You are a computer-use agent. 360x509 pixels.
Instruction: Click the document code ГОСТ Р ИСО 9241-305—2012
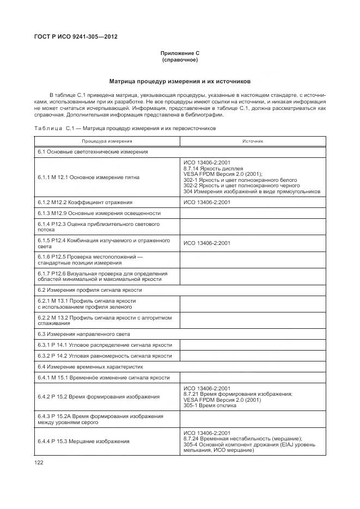[76, 37]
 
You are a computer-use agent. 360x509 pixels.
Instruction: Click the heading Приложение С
[180, 53]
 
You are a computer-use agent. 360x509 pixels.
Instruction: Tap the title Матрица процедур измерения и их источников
[180, 81]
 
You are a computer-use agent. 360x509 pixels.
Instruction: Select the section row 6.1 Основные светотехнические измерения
[93, 152]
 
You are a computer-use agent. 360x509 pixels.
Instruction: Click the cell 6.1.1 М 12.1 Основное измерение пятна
[88, 177]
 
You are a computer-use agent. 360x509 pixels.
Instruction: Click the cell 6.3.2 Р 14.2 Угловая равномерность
[105, 355]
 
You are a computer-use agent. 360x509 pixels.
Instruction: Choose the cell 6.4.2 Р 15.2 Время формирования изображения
[99, 396]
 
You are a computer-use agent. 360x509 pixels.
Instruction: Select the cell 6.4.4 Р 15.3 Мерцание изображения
[83, 441]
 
